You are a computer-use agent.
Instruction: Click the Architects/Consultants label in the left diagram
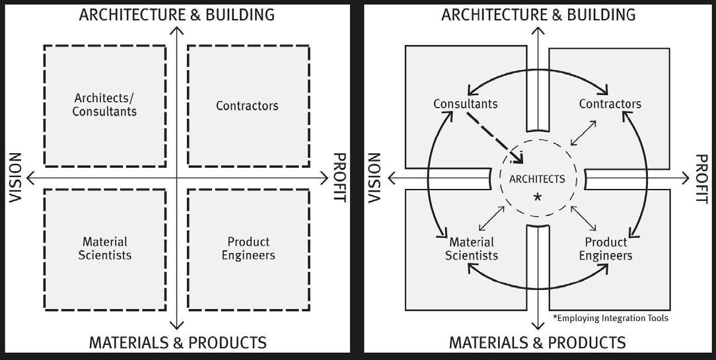pyautogui.click(x=104, y=105)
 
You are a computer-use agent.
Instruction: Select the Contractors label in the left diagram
pyautogui.click(x=247, y=106)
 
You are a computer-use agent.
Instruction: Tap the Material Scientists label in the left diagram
pyautogui.click(x=105, y=248)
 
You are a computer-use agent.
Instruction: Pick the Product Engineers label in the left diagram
pyautogui.click(x=248, y=248)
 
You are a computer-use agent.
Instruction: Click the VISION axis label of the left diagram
pyautogui.click(x=16, y=178)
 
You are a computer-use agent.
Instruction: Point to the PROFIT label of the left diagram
pyautogui.click(x=339, y=178)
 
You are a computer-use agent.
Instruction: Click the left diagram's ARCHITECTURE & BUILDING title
pyautogui.click(x=177, y=15)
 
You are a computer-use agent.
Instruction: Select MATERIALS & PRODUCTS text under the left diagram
pyautogui.click(x=178, y=343)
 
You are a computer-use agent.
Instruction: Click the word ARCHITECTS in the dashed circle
pyautogui.click(x=537, y=179)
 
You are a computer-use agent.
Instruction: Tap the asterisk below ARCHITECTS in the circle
pyautogui.click(x=538, y=197)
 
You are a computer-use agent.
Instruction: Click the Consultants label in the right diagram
pyautogui.click(x=466, y=104)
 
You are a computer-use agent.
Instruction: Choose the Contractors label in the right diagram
pyautogui.click(x=610, y=104)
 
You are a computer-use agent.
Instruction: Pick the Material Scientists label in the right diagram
pyautogui.click(x=472, y=248)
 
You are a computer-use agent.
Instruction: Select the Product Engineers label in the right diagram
pyautogui.click(x=606, y=248)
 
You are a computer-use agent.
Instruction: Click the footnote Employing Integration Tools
pyautogui.click(x=611, y=318)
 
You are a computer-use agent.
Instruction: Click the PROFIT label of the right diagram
pyautogui.click(x=701, y=178)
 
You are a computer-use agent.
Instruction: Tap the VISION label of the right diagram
pyautogui.click(x=375, y=178)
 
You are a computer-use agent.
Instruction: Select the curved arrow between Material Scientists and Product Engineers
pyautogui.click(x=538, y=281)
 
